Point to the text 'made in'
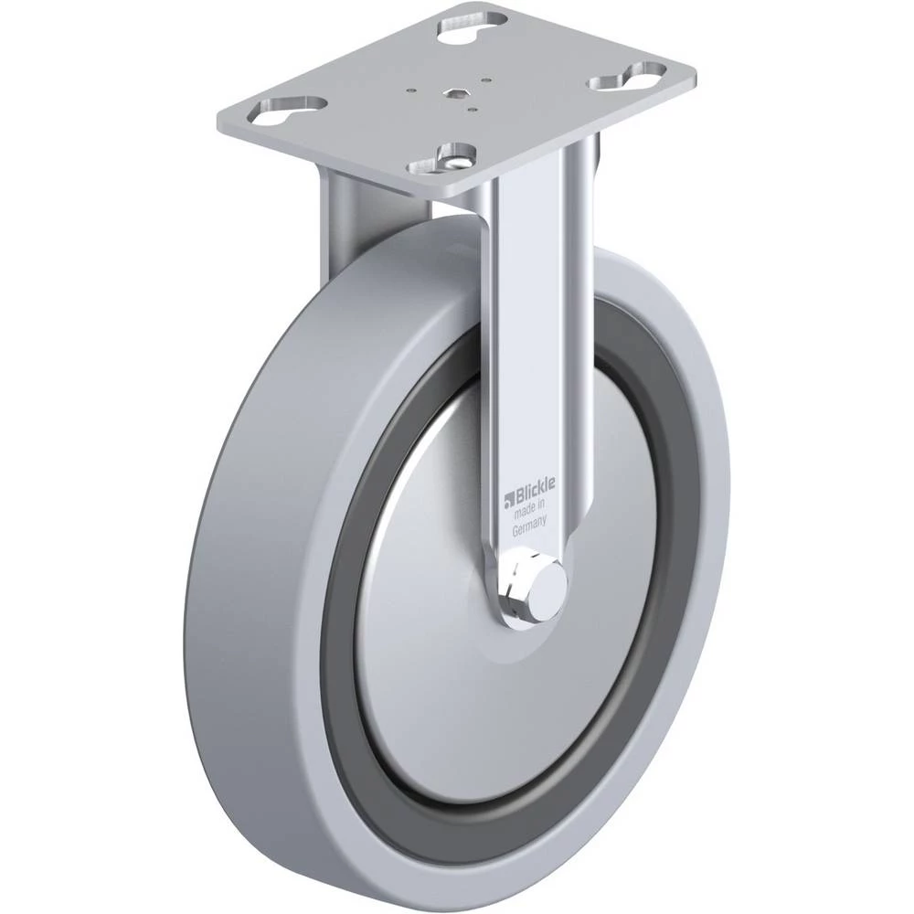tap(527, 511)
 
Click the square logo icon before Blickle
tap(508, 500)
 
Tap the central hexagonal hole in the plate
tap(453, 92)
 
